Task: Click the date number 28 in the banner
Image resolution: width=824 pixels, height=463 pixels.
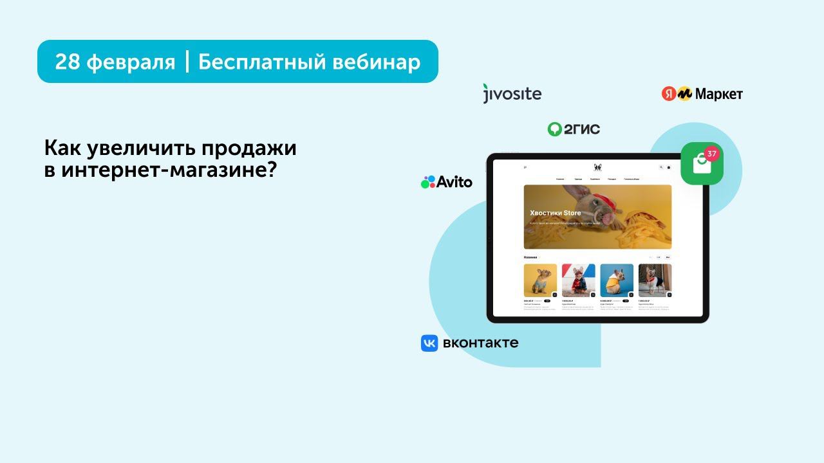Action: coord(67,62)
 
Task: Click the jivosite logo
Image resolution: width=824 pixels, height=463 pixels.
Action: coord(512,94)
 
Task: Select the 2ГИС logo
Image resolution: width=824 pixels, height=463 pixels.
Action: coord(574,129)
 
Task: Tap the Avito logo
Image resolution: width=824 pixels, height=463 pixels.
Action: coord(447,182)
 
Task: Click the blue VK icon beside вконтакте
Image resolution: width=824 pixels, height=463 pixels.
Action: coord(429,343)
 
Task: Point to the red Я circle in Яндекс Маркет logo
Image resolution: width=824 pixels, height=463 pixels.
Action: coord(669,94)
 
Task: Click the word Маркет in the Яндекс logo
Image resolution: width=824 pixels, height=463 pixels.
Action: coord(719,95)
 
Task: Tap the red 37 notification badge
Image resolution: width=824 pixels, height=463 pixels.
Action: coord(711,154)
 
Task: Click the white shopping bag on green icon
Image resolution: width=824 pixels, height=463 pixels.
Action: coord(700,165)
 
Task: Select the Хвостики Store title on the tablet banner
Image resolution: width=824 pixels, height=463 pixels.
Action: coord(555,213)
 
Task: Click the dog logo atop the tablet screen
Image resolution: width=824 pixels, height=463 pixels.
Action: coord(597,168)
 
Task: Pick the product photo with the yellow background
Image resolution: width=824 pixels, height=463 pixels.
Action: coord(540,280)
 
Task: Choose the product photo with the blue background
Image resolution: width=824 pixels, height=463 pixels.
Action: coord(617,280)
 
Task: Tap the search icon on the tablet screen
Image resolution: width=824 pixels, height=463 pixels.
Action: coord(660,167)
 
